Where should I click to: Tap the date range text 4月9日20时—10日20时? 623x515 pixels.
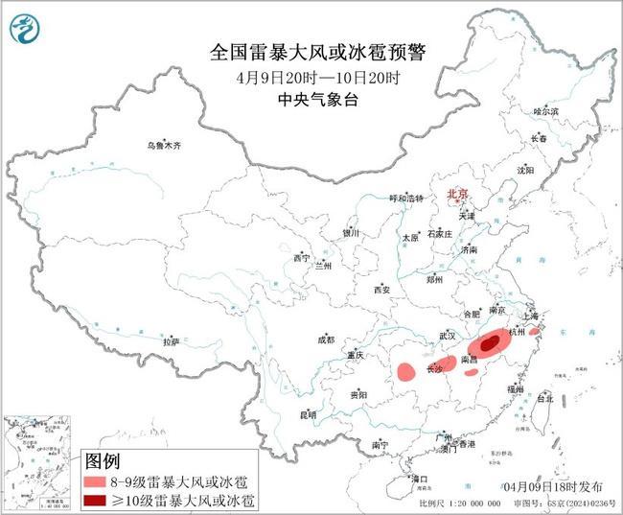[316, 78]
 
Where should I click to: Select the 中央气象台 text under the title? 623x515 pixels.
[316, 99]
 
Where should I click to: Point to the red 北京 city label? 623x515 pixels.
[457, 195]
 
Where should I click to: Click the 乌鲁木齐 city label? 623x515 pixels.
[163, 146]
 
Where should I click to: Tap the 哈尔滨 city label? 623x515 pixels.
[545, 112]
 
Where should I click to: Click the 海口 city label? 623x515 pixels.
[419, 477]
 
